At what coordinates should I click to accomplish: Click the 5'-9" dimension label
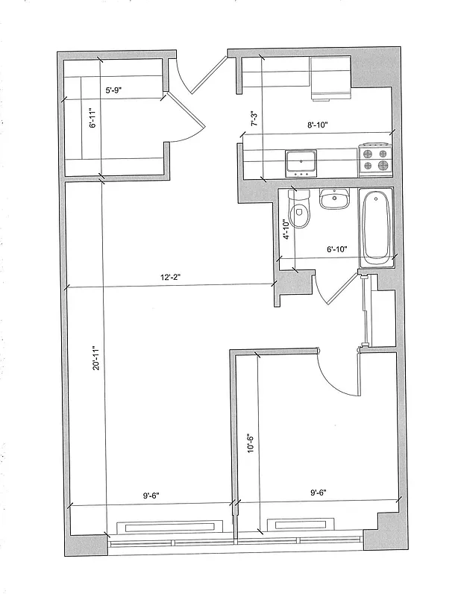tap(114, 90)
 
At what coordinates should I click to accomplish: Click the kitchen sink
tap(302, 161)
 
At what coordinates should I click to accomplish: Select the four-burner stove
tap(375, 159)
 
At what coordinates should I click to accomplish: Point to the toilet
tap(300, 210)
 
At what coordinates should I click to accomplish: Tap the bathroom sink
tap(333, 200)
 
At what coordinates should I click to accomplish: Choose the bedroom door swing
tap(337, 373)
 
